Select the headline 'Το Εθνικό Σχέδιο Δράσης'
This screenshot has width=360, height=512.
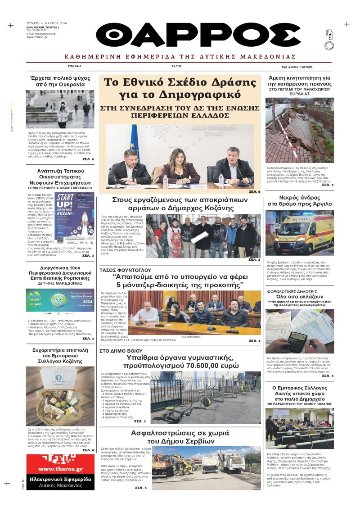pyautogui.click(x=180, y=82)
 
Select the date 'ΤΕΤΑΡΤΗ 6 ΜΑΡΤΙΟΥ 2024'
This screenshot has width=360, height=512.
pyautogui.click(x=47, y=23)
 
